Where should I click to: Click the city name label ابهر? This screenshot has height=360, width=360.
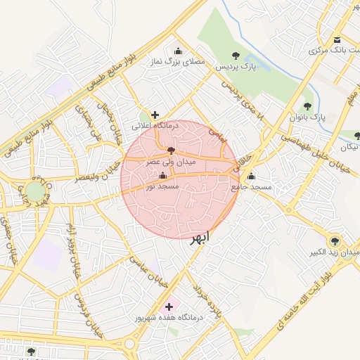pyautogui.click(x=199, y=237)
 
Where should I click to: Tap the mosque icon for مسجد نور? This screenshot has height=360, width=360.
pyautogui.click(x=163, y=176)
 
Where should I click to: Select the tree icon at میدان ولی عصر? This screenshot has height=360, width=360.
pyautogui.click(x=171, y=150)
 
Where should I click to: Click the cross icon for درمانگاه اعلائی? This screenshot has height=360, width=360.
pyautogui.click(x=155, y=115)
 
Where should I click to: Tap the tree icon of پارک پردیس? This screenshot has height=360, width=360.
pyautogui.click(x=236, y=55)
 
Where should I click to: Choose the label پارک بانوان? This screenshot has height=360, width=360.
pyautogui.click(x=308, y=117)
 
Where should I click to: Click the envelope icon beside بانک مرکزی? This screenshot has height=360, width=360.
pyautogui.click(x=337, y=39)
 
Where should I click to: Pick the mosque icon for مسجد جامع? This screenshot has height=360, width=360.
pyautogui.click(x=251, y=176)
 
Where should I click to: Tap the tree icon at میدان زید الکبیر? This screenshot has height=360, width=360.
pyautogui.click(x=334, y=240)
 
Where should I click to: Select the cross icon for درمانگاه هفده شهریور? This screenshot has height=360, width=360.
pyautogui.click(x=169, y=307)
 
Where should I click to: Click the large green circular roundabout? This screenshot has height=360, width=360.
pyautogui.click(x=35, y=191)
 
